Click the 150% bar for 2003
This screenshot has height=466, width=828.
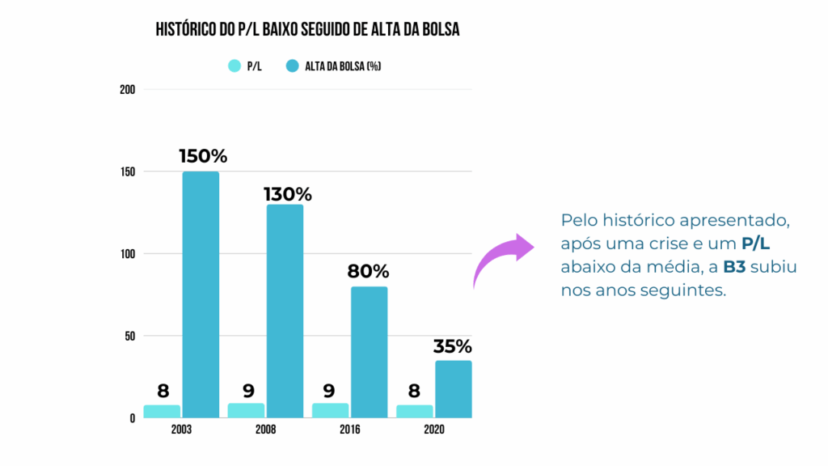[201, 294]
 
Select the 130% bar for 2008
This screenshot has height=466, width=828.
[285, 311]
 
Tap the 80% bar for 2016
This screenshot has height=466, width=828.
[369, 352]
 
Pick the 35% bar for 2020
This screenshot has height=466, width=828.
[453, 389]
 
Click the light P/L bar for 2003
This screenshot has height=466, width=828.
[162, 411]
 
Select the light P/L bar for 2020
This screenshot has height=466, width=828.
[414, 411]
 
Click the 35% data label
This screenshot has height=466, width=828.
[452, 346]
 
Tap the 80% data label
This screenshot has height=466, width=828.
[369, 272]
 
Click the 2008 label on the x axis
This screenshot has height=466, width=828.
[264, 429]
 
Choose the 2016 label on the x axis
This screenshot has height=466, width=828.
[349, 429]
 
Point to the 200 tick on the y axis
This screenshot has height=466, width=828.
[126, 90]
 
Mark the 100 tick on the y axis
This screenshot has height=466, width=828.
[126, 254]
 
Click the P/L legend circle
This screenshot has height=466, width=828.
[234, 66]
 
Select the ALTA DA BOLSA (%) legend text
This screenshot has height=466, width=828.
[343, 66]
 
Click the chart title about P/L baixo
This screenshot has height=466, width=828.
[307, 30]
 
